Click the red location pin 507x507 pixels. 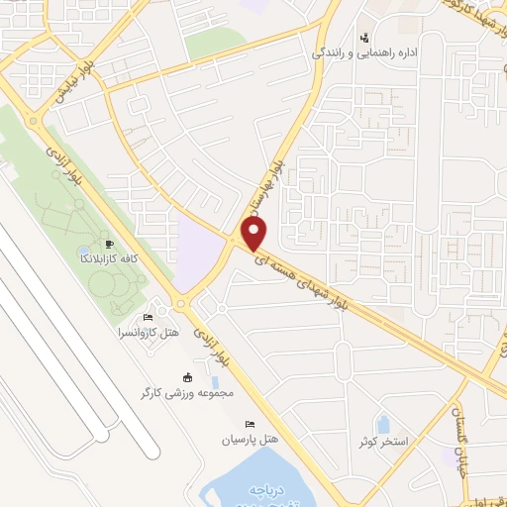tap(255, 235)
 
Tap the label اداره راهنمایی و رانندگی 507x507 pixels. tap(364, 51)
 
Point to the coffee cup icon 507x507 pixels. tap(109, 244)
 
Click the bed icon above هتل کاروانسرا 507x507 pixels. tap(149, 317)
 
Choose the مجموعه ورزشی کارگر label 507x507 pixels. tap(188, 393)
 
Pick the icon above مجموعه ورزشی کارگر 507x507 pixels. tap(188, 376)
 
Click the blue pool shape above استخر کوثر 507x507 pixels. tap(382, 424)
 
